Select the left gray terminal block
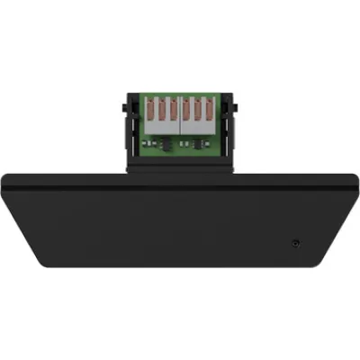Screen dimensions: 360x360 (163, 126)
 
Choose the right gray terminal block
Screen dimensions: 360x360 (198, 126)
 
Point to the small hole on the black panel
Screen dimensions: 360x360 (296, 242)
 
